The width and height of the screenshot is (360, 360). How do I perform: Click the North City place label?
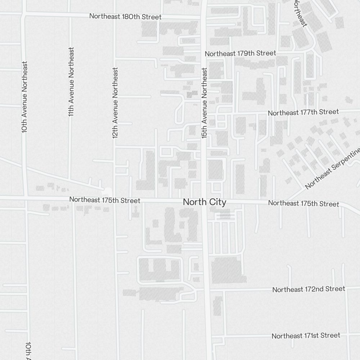[x=204, y=202]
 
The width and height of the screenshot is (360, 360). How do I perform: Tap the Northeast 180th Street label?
[x=125, y=17]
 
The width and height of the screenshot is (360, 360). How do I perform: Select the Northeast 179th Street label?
[x=240, y=53]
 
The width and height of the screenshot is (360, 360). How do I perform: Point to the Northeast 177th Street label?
[x=303, y=112]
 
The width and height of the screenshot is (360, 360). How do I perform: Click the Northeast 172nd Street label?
[x=309, y=289]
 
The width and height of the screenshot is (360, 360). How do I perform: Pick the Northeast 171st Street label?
[x=306, y=336]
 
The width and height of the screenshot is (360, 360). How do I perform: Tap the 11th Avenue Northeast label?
[x=71, y=81]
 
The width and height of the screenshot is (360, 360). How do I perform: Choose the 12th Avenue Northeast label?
[x=115, y=103]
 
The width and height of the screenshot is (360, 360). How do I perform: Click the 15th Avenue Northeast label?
[x=204, y=103]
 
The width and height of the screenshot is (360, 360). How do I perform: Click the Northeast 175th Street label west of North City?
[x=105, y=200]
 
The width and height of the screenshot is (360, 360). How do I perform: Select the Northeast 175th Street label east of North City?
[x=303, y=203]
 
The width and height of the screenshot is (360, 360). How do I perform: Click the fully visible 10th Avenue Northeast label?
[x=24, y=97]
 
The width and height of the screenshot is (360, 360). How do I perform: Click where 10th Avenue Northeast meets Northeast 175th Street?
[x=26, y=198]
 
